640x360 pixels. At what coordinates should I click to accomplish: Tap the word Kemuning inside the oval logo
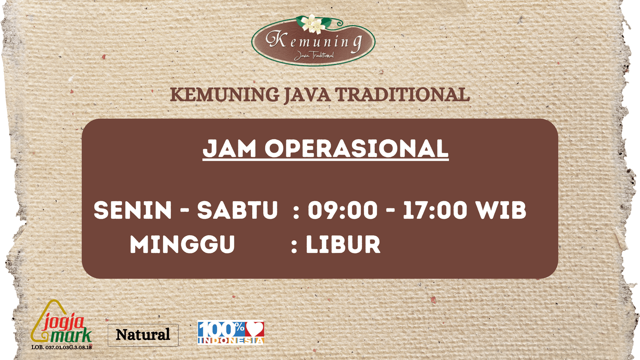tap(314, 42)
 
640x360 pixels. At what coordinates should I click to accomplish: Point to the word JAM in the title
tap(229, 148)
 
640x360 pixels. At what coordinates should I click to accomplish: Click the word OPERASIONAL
tap(356, 148)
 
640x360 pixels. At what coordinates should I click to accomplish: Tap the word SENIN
tap(132, 210)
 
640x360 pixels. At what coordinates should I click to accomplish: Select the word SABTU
tap(237, 210)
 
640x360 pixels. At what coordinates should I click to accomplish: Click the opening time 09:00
tap(342, 210)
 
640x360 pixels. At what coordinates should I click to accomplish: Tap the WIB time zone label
tap(498, 210)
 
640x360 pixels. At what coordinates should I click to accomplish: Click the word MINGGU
tap(182, 244)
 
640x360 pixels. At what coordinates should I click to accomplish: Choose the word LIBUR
tap(343, 244)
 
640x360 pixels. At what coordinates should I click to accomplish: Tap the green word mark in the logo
tap(71, 336)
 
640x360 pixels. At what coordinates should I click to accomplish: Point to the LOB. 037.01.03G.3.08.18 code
tap(62, 348)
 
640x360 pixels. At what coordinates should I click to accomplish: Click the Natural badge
tap(143, 335)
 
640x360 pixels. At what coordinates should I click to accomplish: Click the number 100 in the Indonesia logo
tap(218, 330)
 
